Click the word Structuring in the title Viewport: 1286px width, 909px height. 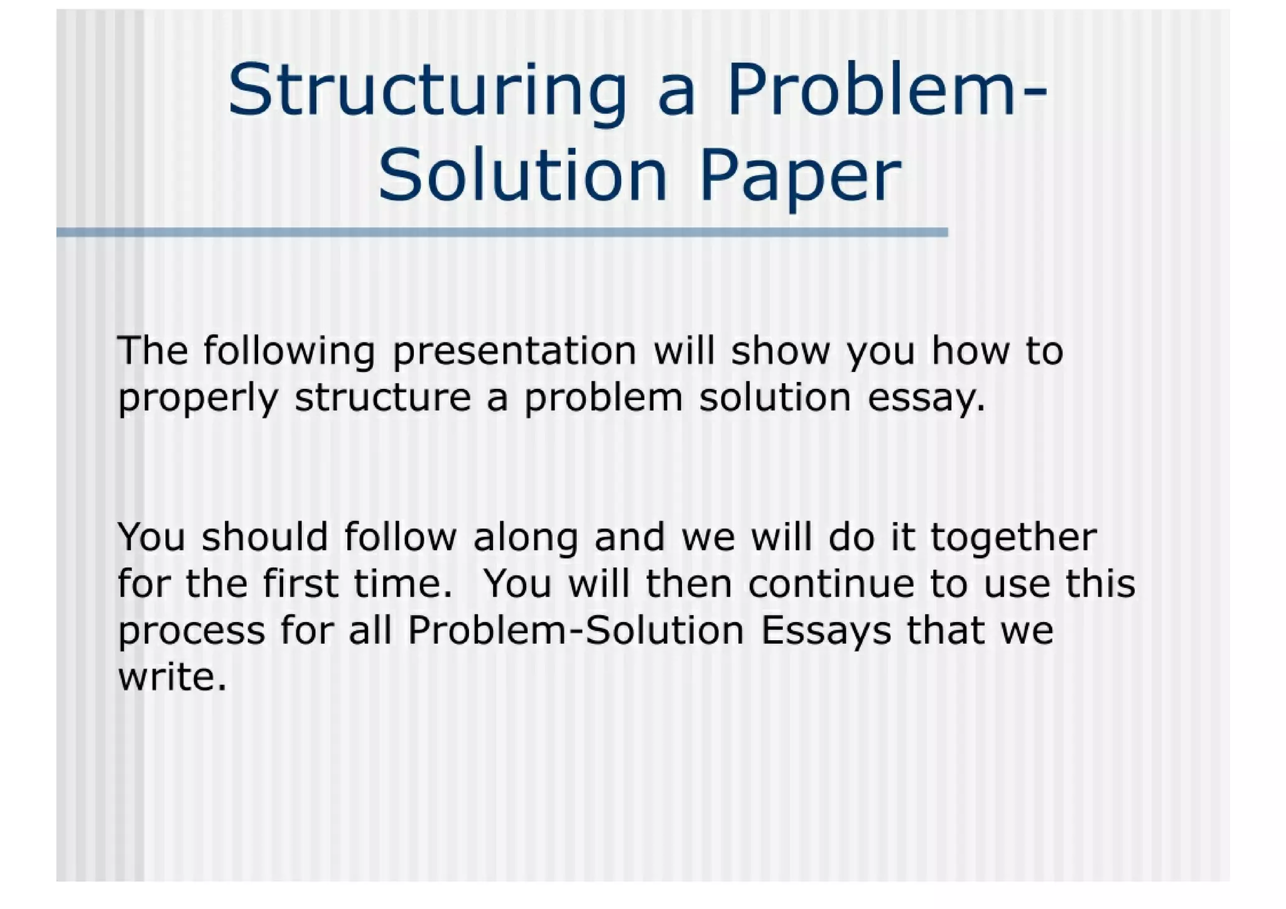click(x=427, y=91)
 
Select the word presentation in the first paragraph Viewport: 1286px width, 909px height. click(x=514, y=351)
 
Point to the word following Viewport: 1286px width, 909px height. click(x=289, y=351)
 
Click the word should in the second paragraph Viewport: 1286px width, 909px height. click(x=265, y=537)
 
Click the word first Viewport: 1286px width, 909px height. click(x=301, y=584)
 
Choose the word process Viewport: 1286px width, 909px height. click(x=192, y=631)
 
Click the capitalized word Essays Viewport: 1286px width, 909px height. click(x=826, y=631)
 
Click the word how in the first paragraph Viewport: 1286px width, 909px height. click(x=970, y=351)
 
